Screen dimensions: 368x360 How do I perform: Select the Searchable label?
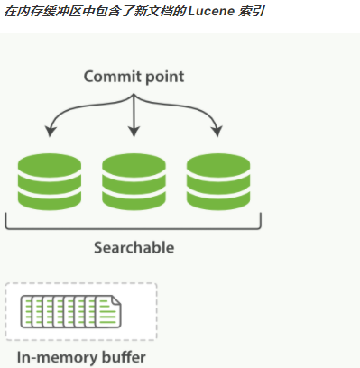tap(134, 247)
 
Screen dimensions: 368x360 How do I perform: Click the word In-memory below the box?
tap(51, 358)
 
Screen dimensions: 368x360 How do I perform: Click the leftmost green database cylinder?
tap(50, 181)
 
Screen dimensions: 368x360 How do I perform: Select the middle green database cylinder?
tap(134, 181)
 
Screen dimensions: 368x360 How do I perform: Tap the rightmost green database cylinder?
tap(217, 181)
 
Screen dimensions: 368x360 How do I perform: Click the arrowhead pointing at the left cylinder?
tap(50, 134)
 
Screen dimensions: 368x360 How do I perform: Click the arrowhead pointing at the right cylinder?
tap(217, 134)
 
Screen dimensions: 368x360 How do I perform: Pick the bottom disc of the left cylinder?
tap(50, 199)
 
